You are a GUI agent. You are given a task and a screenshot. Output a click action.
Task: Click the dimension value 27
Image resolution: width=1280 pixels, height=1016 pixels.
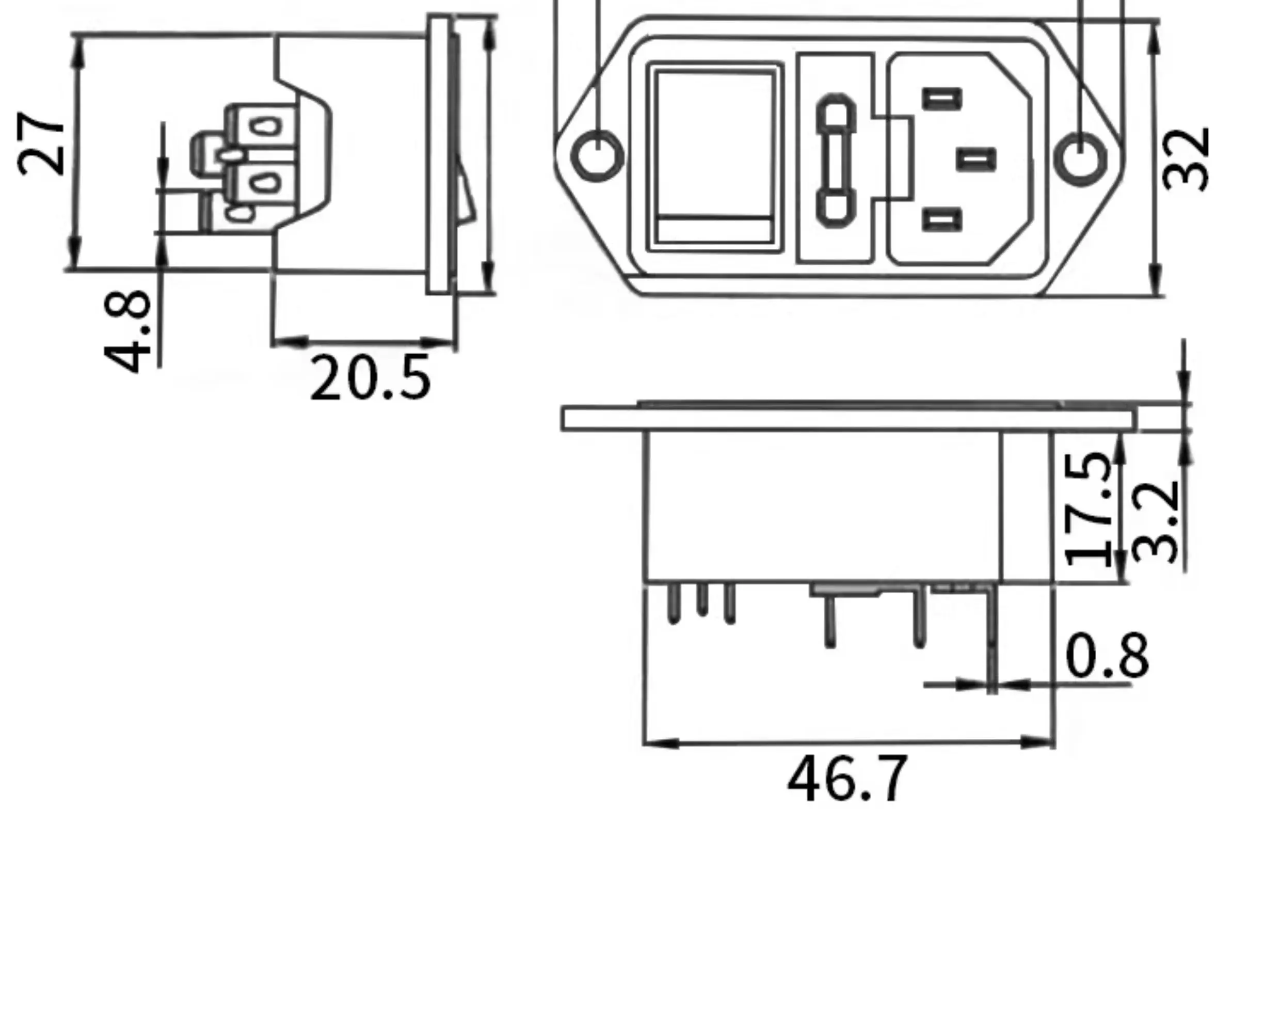(40, 143)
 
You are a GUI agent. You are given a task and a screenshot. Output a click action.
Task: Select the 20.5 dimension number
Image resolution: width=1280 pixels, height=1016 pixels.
(370, 378)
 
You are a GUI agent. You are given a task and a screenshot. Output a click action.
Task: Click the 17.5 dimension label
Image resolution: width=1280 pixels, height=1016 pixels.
(1087, 509)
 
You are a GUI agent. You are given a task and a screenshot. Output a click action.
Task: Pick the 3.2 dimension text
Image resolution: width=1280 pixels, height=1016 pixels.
(1155, 521)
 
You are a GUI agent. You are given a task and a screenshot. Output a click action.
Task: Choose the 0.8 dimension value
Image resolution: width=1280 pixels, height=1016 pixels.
(1108, 656)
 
